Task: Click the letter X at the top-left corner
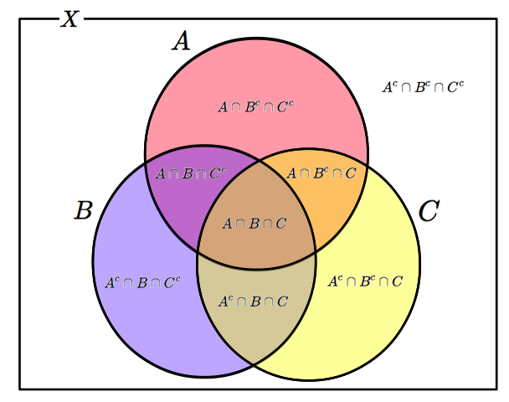(x=70, y=18)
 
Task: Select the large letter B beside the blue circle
(x=82, y=210)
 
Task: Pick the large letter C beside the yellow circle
(x=428, y=211)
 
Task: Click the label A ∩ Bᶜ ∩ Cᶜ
(x=255, y=106)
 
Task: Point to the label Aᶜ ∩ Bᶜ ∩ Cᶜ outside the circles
(x=422, y=85)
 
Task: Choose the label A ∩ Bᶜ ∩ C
(x=321, y=173)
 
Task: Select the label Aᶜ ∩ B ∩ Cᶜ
(x=142, y=282)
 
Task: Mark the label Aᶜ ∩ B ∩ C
(x=254, y=301)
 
